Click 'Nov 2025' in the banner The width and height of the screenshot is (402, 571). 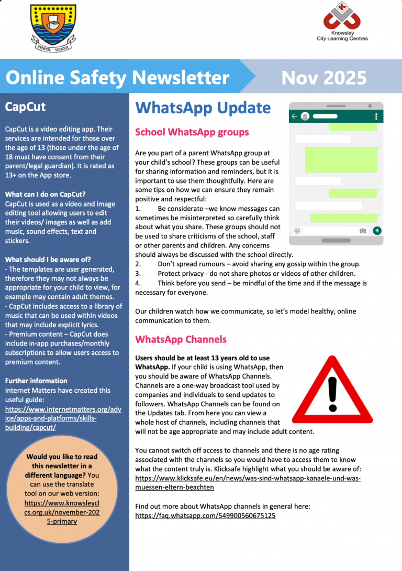pyautogui.click(x=323, y=78)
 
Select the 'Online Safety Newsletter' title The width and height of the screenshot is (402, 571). pyautogui.click(x=118, y=78)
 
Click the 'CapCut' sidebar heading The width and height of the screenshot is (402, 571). pyautogui.click(x=25, y=107)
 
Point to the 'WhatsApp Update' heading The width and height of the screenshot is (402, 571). pyautogui.click(x=203, y=108)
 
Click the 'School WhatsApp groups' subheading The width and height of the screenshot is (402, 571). pyautogui.click(x=192, y=132)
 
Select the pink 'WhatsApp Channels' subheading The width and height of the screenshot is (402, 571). pyautogui.click(x=181, y=339)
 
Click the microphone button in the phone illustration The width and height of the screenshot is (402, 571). pyautogui.click(x=377, y=230)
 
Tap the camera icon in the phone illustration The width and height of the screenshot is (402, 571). pyautogui.click(x=363, y=231)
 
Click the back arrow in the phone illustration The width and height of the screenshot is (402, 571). pyautogui.click(x=295, y=116)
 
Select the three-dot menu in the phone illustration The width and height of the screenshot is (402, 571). pyautogui.click(x=376, y=116)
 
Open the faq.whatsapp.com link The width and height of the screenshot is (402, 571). pyautogui.click(x=205, y=515)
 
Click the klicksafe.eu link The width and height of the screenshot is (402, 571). pyautogui.click(x=248, y=482)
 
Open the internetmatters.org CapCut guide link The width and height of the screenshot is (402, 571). pyautogui.click(x=63, y=418)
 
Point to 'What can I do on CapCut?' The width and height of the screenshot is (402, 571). pyautogui.click(x=45, y=195)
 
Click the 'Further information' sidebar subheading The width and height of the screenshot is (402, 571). pyautogui.click(x=36, y=381)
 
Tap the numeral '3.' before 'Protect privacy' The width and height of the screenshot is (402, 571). pyautogui.click(x=138, y=274)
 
